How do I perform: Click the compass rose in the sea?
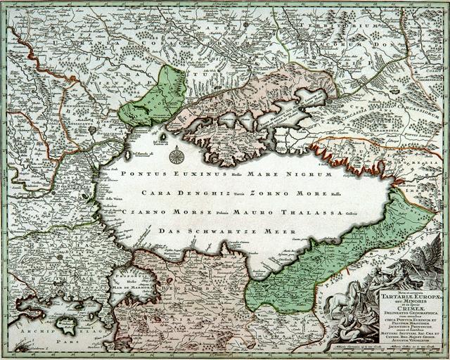176,156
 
